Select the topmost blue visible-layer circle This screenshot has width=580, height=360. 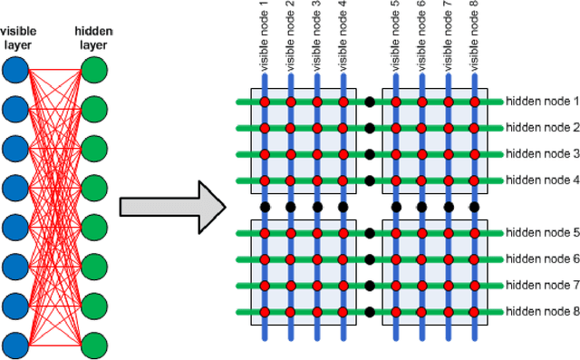[x=15, y=70]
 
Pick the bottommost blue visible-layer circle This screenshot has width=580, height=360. [x=15, y=345]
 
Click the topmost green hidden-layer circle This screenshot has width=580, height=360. [x=94, y=70]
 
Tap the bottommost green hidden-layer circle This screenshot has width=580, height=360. [x=94, y=345]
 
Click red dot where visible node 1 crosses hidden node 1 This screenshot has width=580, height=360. [x=265, y=102]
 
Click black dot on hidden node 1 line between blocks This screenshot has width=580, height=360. [x=370, y=102]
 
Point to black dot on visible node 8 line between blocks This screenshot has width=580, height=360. [x=475, y=207]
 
